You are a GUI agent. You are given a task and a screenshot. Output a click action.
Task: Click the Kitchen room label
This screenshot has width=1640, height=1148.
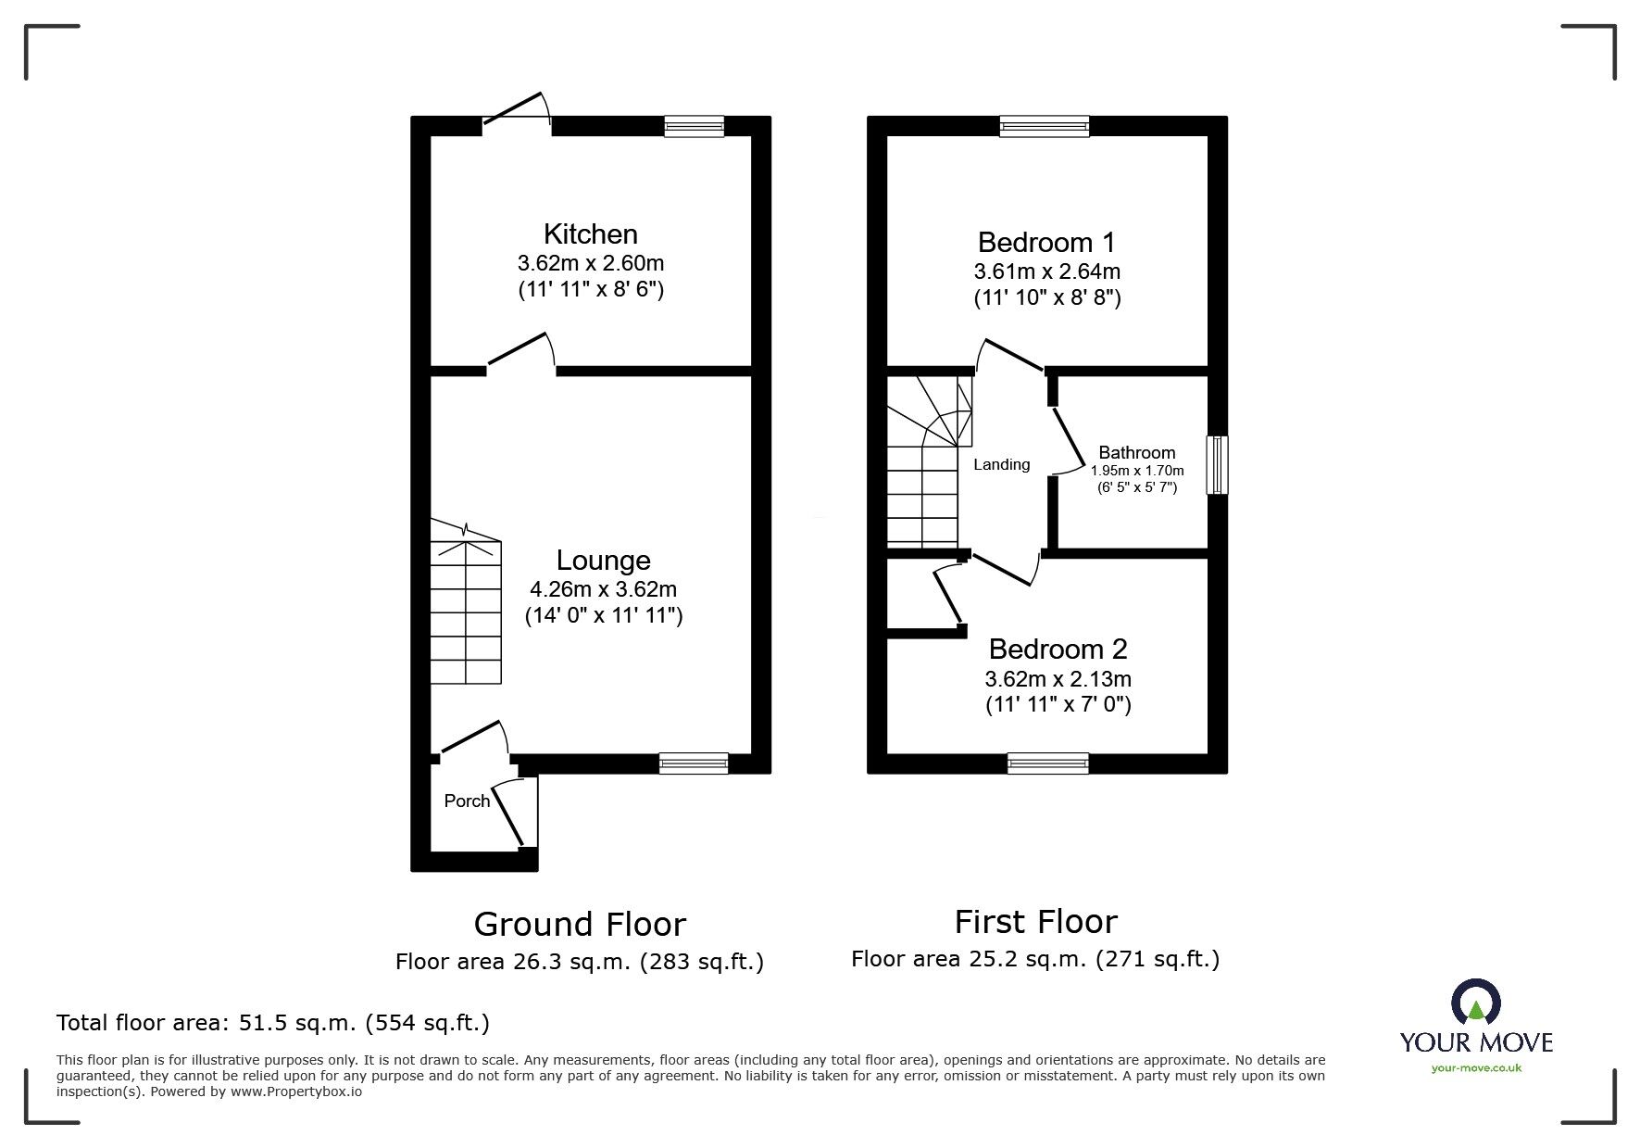(590, 233)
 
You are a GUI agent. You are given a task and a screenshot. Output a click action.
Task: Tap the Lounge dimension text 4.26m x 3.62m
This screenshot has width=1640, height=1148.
(603, 589)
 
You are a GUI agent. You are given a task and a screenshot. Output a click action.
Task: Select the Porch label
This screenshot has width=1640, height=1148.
(467, 801)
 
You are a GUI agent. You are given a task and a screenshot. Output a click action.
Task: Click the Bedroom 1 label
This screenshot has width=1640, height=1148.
(1046, 243)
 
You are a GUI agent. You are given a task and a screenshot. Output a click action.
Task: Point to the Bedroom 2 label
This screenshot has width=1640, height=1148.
(1058, 649)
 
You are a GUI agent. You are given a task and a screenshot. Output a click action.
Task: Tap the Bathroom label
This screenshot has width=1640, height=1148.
(1136, 452)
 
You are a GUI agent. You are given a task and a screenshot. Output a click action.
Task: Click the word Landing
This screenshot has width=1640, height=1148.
(1001, 464)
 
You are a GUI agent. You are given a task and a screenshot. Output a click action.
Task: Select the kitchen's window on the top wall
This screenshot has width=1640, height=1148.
(695, 126)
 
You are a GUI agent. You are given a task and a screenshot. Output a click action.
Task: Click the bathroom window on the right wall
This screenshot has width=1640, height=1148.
(1218, 465)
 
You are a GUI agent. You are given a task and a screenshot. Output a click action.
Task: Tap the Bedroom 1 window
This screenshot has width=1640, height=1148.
(1045, 126)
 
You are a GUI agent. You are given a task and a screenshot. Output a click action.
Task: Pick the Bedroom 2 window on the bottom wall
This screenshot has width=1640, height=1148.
(1047, 763)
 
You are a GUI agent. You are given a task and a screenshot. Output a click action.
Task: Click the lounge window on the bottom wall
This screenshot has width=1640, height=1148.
(694, 763)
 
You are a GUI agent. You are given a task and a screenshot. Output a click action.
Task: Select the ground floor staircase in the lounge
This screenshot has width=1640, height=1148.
(466, 612)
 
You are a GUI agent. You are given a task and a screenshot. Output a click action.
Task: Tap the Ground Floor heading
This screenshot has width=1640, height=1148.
(580, 924)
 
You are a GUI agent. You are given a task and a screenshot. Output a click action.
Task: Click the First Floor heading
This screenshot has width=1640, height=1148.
(1035, 922)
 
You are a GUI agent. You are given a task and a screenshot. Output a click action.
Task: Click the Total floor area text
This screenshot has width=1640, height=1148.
(273, 1023)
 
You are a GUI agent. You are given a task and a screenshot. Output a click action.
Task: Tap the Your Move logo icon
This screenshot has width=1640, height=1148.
(1475, 1002)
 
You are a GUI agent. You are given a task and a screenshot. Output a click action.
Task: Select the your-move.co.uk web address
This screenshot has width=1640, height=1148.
(1476, 1068)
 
